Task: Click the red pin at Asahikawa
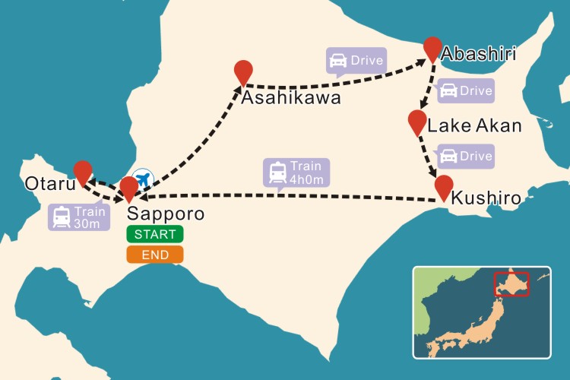coord(243,72)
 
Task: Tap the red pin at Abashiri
coord(432,48)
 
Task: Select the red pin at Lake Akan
coord(416,122)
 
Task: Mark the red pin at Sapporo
coord(129,187)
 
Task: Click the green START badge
coord(155,234)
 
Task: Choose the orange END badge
coord(155,255)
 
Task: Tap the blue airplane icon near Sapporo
coord(143,177)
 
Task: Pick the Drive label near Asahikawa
coord(355,60)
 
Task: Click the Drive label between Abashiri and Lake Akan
coord(465,90)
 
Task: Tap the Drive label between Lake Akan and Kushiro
coord(465,157)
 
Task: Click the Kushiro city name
coord(486,198)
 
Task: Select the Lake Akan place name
coord(475,125)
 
